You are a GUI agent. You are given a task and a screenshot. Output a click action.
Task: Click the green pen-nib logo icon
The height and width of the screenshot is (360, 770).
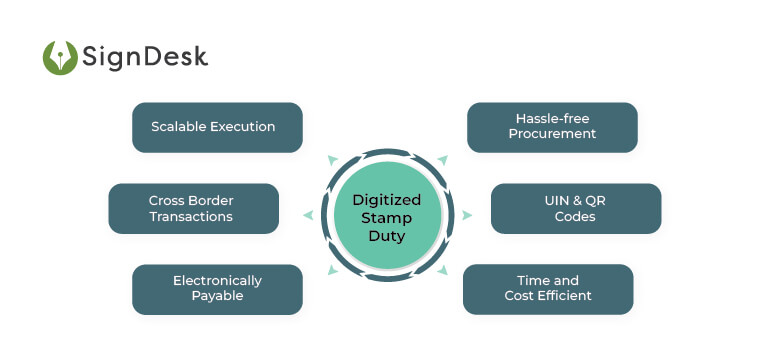[x=61, y=57]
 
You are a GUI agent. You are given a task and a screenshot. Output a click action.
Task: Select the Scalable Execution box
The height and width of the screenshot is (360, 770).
[x=217, y=127]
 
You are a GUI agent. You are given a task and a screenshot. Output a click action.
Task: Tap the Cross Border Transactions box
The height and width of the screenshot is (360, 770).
[x=193, y=208]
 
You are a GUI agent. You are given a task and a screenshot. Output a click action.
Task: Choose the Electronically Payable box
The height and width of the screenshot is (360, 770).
[x=217, y=288]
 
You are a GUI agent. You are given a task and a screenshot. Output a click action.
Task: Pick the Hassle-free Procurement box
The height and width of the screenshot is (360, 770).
[x=552, y=127]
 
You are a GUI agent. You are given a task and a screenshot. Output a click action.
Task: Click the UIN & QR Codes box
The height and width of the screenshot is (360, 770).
[x=575, y=208]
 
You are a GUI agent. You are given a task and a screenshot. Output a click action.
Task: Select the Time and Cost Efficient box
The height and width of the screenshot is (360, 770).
[x=548, y=288]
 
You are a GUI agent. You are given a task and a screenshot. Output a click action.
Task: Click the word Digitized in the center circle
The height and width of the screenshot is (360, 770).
[x=387, y=199]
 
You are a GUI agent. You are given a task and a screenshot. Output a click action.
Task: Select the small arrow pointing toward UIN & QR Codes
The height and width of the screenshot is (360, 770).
[x=467, y=215]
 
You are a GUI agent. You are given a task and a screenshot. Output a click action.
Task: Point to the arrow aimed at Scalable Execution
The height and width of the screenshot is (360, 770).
[x=332, y=159]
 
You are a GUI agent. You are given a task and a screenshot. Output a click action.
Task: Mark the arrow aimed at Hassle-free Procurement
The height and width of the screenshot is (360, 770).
[x=442, y=159]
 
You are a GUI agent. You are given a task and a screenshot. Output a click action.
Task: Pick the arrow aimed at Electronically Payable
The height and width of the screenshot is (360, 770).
[x=332, y=271]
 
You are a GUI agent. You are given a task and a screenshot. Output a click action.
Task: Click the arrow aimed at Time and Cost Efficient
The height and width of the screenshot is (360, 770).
[x=442, y=271]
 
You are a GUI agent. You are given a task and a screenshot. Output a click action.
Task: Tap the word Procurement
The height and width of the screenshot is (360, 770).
[x=552, y=135]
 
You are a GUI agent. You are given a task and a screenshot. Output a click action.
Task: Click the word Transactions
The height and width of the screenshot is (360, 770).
[x=193, y=216]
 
